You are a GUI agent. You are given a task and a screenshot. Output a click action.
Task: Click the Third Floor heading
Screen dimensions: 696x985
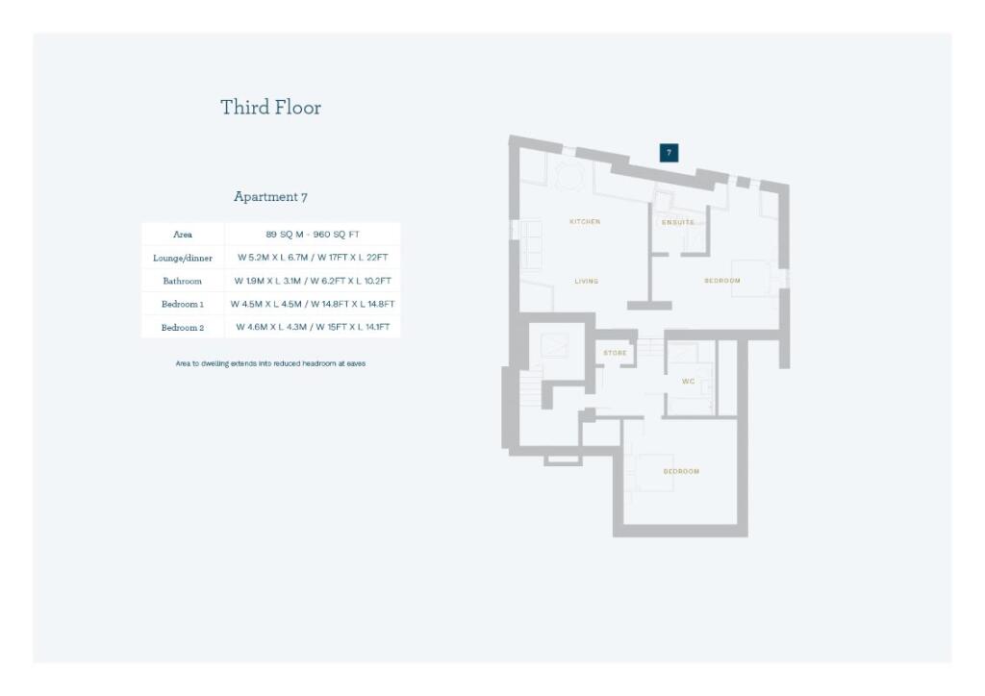(270, 107)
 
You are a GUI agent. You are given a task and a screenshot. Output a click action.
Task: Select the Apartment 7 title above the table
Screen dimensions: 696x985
(270, 196)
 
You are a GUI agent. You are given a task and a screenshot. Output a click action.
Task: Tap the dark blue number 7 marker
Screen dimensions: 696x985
(669, 152)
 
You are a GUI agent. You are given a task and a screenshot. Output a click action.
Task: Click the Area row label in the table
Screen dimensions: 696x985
(183, 235)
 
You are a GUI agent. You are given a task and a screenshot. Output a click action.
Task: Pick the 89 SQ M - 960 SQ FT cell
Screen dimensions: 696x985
(313, 235)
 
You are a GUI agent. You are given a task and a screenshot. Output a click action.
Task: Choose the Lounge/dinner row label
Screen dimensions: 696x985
(183, 258)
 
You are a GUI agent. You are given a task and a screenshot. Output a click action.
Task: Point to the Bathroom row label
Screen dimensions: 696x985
(183, 281)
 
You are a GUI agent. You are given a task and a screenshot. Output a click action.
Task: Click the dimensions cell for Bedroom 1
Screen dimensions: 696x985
(313, 304)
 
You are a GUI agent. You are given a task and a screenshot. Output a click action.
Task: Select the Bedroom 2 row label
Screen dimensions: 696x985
(183, 327)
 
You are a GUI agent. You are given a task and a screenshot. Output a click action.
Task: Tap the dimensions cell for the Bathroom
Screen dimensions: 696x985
(313, 281)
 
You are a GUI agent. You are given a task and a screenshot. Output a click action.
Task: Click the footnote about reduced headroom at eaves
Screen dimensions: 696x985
(270, 363)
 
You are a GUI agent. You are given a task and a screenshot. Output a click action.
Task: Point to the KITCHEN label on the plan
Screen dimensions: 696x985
(585, 222)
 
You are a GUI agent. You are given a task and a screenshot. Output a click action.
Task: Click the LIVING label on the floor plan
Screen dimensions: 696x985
(587, 282)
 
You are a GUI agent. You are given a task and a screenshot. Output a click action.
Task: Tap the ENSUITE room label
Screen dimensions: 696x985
(677, 223)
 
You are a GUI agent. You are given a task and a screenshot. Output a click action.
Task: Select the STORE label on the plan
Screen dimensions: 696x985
(615, 353)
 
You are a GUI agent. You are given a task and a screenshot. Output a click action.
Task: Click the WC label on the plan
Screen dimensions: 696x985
(688, 382)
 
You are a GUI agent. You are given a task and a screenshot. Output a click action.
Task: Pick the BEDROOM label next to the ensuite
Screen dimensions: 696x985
(721, 281)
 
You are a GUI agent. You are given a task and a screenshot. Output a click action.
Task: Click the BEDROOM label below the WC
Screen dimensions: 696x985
(681, 472)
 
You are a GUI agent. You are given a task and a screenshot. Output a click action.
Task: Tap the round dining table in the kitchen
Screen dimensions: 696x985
(568, 175)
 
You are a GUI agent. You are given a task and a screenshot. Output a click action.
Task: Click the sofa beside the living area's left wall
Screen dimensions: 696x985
(532, 244)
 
